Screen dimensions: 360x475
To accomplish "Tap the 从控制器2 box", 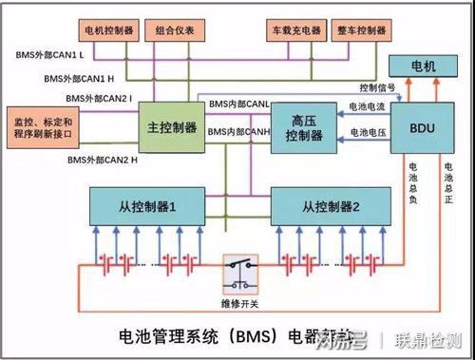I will pyautogui.click(x=329, y=204).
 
